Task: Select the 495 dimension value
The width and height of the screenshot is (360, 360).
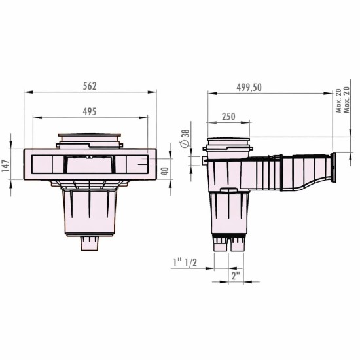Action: pos(90,111)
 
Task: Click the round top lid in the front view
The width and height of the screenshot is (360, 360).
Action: pos(90,138)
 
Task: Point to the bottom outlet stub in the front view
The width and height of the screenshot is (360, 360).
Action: pos(90,243)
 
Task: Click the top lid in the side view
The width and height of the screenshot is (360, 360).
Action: pos(227,142)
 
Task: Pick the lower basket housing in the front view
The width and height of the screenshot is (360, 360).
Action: pos(90,213)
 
